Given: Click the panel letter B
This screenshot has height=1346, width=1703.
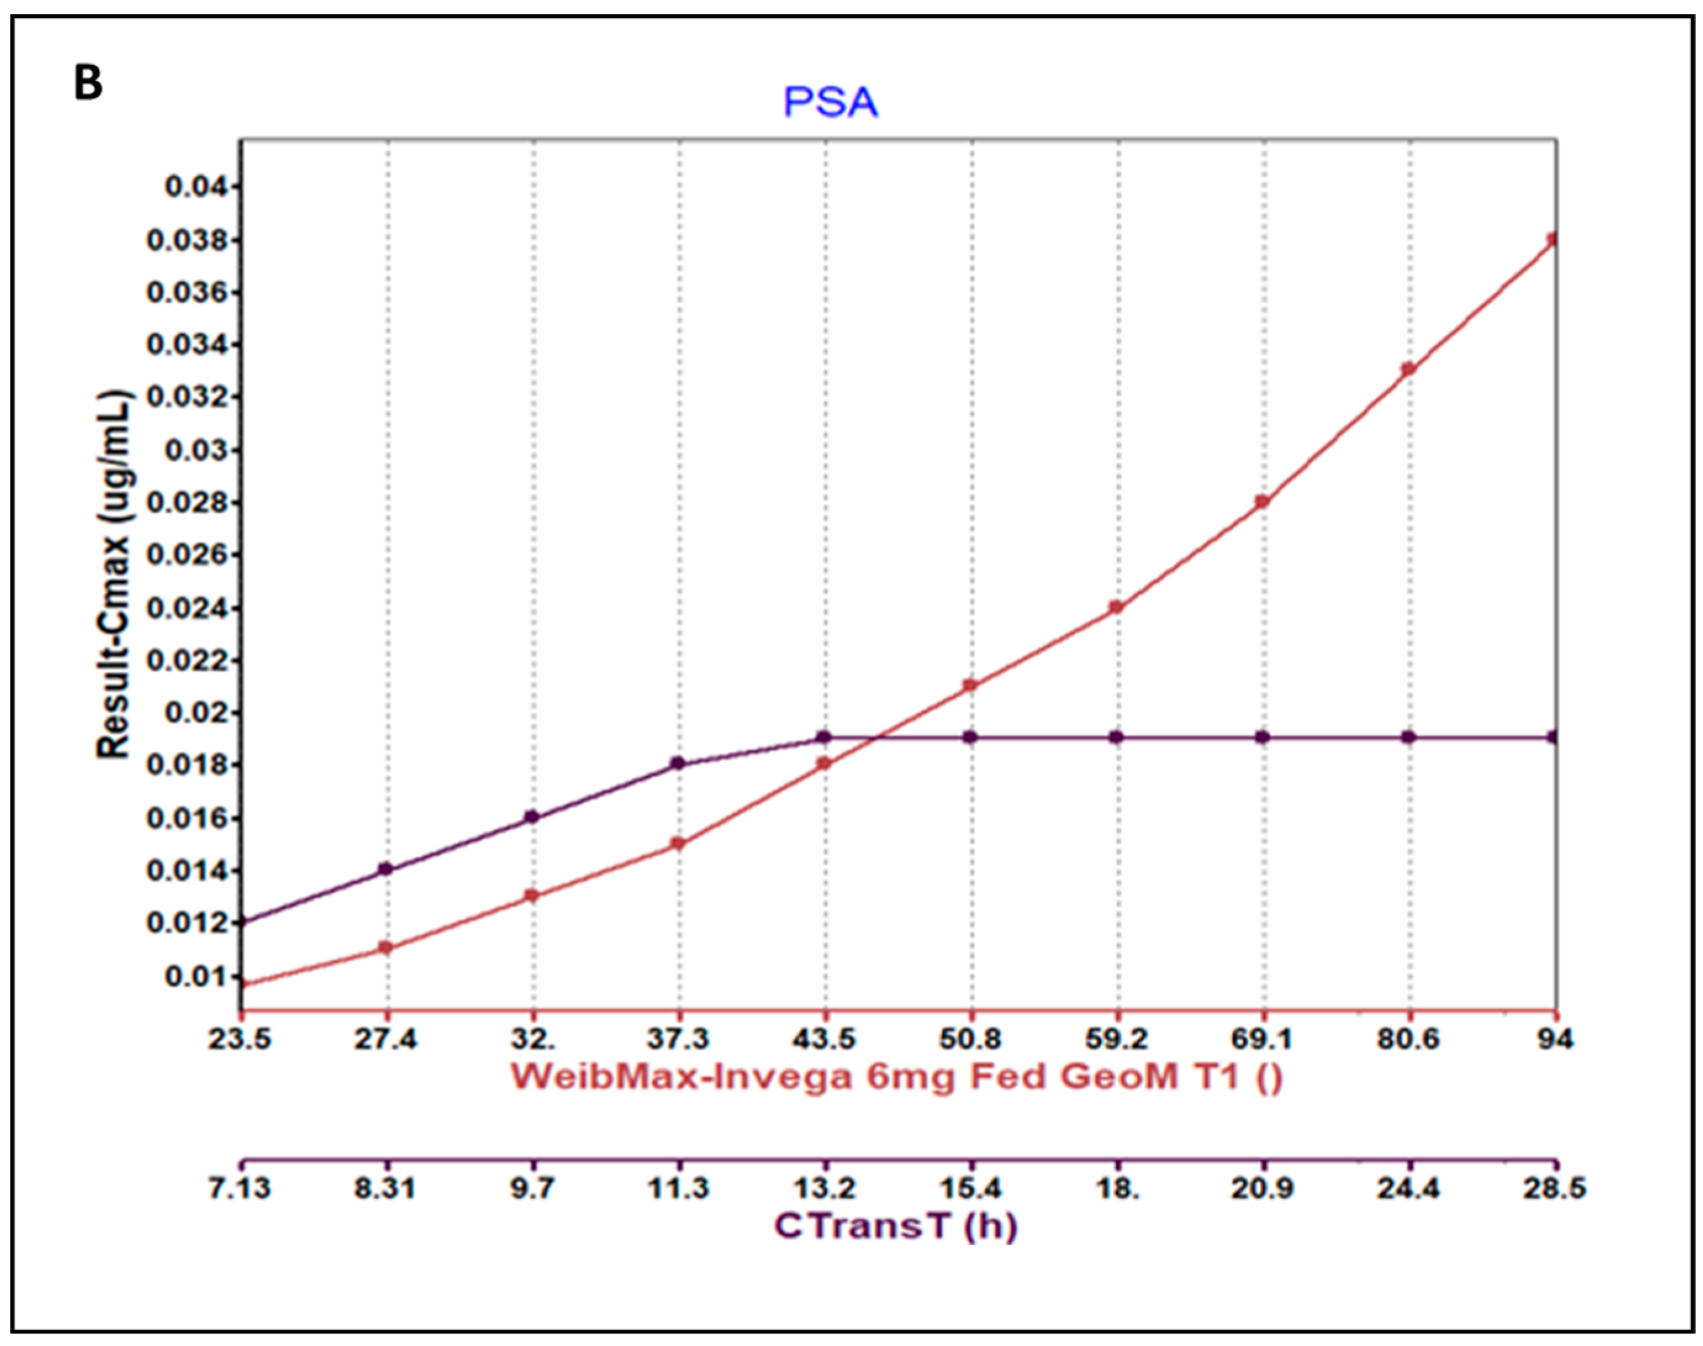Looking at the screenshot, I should coord(88,83).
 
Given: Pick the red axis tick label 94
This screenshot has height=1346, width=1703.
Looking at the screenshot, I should coord(1555,1039).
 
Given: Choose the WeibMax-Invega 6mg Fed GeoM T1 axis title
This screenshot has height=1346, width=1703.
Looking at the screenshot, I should coord(897,1076).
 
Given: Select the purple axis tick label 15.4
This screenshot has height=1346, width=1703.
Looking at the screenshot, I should coord(970,1187).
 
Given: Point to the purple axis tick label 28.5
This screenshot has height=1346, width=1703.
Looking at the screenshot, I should coord(1555,1187).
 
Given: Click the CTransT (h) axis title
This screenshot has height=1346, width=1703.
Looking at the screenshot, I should coord(895,1226).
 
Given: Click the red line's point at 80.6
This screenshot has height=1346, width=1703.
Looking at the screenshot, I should coord(1408,369).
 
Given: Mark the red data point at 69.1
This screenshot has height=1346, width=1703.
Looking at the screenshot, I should coord(1263,502).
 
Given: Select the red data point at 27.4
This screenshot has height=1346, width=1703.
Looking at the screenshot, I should coord(386,948).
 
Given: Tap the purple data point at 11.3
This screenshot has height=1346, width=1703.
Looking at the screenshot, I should coord(678,763).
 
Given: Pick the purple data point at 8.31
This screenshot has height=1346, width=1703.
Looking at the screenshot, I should coord(386,869).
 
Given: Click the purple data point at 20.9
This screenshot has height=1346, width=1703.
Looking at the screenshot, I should coord(1263,738).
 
